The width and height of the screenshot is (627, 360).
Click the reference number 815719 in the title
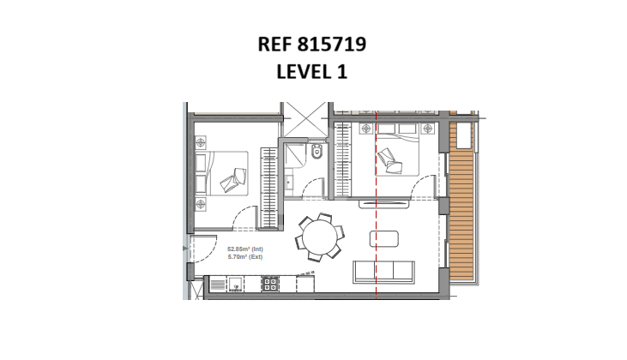(x=332, y=44)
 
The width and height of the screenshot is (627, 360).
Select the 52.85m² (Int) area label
(x=245, y=249)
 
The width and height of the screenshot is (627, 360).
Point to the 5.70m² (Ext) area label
(x=245, y=257)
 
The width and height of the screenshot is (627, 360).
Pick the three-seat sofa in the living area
(x=383, y=272)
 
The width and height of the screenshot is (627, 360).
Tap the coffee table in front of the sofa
(x=384, y=239)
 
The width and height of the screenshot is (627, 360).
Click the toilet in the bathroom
(x=317, y=152)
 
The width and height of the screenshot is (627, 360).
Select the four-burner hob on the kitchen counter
(x=270, y=284)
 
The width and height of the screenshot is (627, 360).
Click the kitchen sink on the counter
(x=236, y=284)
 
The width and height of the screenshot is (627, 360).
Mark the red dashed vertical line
(x=377, y=205)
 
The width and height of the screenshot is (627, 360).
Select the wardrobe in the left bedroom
(x=269, y=189)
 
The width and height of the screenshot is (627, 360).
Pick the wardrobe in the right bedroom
(x=343, y=159)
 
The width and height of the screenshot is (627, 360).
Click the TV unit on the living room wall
(x=384, y=204)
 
